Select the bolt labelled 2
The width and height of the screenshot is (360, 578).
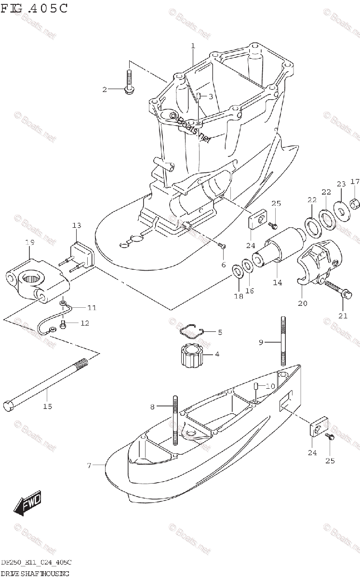tap(130, 82)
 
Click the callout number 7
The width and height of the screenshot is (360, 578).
tap(89, 465)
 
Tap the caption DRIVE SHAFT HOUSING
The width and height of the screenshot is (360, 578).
tap(35, 573)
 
